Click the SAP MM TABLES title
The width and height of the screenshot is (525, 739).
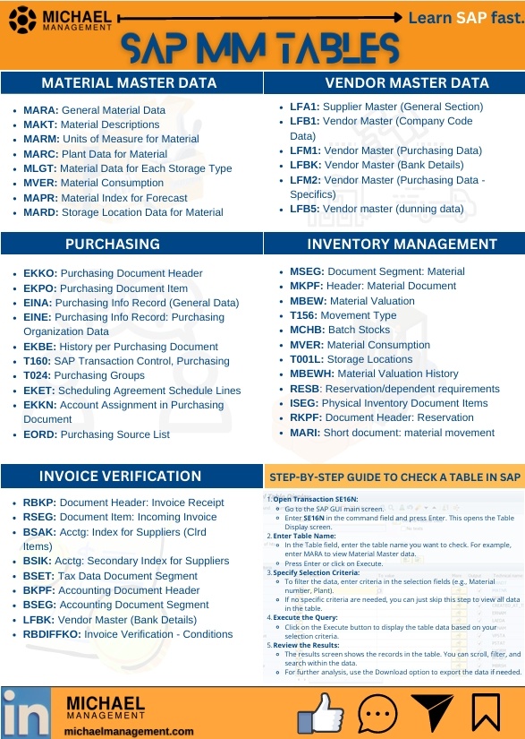[262, 48]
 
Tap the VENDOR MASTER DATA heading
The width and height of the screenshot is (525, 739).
[394, 83]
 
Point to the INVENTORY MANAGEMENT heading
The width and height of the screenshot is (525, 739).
[394, 244]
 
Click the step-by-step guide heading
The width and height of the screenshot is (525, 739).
[394, 476]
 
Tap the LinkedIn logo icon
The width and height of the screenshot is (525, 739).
[26, 712]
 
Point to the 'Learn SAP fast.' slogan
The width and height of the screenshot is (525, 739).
[465, 17]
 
